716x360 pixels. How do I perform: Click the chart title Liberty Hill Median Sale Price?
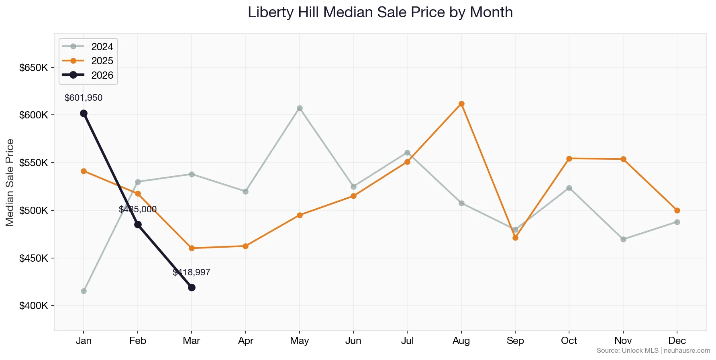[x=380, y=12]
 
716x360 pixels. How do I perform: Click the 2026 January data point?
[x=84, y=114]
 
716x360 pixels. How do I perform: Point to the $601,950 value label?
[x=84, y=98]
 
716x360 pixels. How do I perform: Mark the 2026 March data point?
[x=192, y=287]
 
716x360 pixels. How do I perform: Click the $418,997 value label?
[x=192, y=273]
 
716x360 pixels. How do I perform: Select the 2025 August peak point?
[x=461, y=104]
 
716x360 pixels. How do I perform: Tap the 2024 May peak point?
[x=300, y=108]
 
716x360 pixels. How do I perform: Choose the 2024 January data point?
[x=84, y=291]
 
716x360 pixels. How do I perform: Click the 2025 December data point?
[x=677, y=210]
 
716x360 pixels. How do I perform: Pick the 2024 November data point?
[x=623, y=239]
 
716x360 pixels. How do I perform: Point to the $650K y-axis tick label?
[x=34, y=67]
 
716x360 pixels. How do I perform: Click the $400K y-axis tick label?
[x=34, y=306]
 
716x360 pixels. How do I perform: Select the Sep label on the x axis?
[x=515, y=341]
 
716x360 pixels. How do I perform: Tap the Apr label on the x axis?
[x=245, y=341]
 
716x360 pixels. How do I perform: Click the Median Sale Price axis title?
[x=10, y=183]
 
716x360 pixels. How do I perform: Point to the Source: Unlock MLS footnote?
[x=653, y=351]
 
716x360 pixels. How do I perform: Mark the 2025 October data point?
[x=569, y=159]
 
